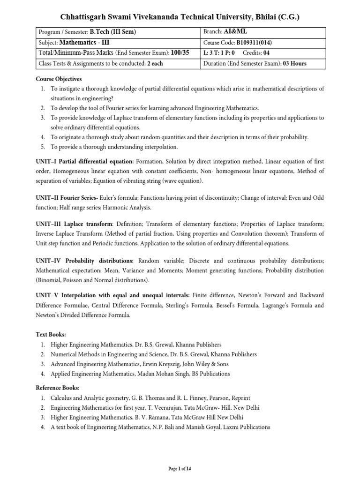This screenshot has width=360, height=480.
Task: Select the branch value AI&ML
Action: [237, 32]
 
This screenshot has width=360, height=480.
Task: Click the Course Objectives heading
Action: [59, 79]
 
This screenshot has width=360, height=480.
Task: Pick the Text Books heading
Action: [51, 335]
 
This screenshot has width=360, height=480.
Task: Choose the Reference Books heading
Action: [58, 388]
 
